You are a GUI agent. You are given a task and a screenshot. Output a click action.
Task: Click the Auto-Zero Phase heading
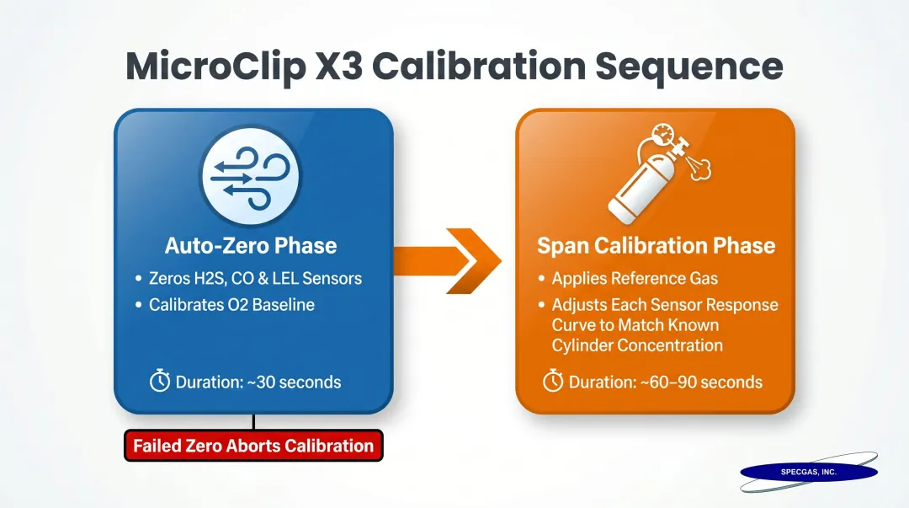251,246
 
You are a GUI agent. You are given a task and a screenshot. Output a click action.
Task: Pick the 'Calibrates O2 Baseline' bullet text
231,305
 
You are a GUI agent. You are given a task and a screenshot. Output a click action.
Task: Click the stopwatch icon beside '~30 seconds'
160,382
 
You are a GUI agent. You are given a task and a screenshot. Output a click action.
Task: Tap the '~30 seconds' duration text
258,382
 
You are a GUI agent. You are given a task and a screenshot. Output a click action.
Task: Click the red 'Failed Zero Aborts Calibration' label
253,446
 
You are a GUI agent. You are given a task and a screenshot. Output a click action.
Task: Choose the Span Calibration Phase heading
655,246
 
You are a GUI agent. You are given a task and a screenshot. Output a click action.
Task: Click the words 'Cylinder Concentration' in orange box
637,345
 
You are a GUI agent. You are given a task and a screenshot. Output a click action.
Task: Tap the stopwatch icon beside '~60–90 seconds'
553,382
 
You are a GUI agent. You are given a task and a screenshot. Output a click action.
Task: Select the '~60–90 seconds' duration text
665,382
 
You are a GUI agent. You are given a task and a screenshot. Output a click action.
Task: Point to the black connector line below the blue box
253,422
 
